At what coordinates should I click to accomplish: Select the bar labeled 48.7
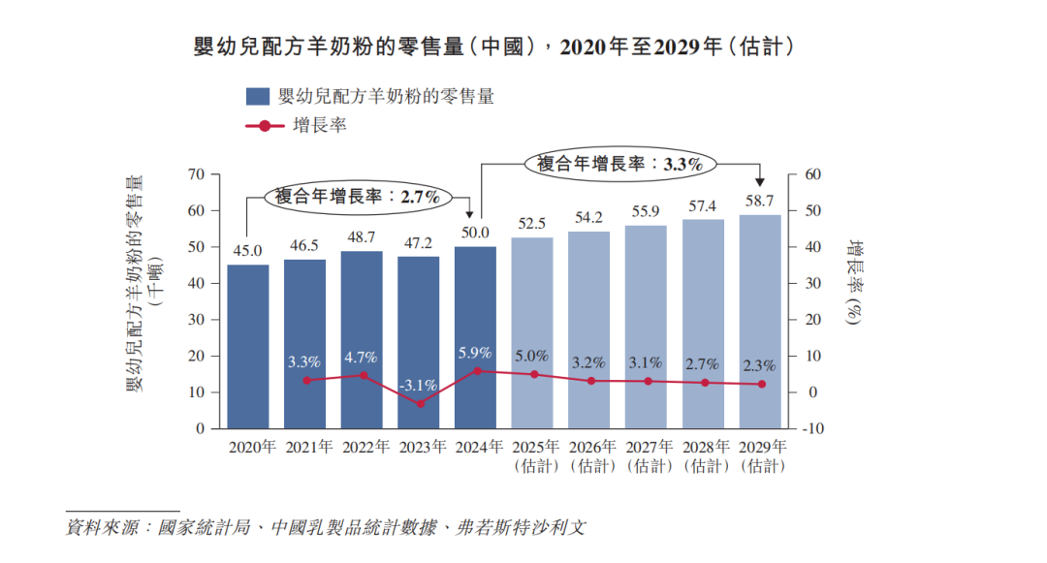point(362,339)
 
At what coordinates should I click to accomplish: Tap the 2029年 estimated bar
point(760,321)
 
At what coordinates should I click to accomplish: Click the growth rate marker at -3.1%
point(419,403)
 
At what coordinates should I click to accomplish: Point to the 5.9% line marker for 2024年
point(476,371)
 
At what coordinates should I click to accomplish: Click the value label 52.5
point(532,223)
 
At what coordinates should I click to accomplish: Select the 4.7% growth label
point(362,357)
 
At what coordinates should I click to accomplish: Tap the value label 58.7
point(760,201)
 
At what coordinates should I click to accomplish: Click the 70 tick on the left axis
point(197,174)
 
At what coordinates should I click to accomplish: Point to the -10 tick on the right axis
point(811,428)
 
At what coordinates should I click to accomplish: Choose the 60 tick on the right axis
point(811,174)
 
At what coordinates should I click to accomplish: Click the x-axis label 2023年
point(419,447)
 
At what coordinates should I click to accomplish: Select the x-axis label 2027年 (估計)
point(647,456)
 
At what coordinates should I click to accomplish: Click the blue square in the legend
point(257,96)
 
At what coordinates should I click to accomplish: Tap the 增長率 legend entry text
point(319,126)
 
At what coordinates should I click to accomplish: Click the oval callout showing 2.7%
point(359,196)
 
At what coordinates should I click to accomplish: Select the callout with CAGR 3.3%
point(619,164)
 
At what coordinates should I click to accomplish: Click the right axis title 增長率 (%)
point(853,281)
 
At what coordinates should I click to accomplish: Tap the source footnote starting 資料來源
point(326,528)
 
